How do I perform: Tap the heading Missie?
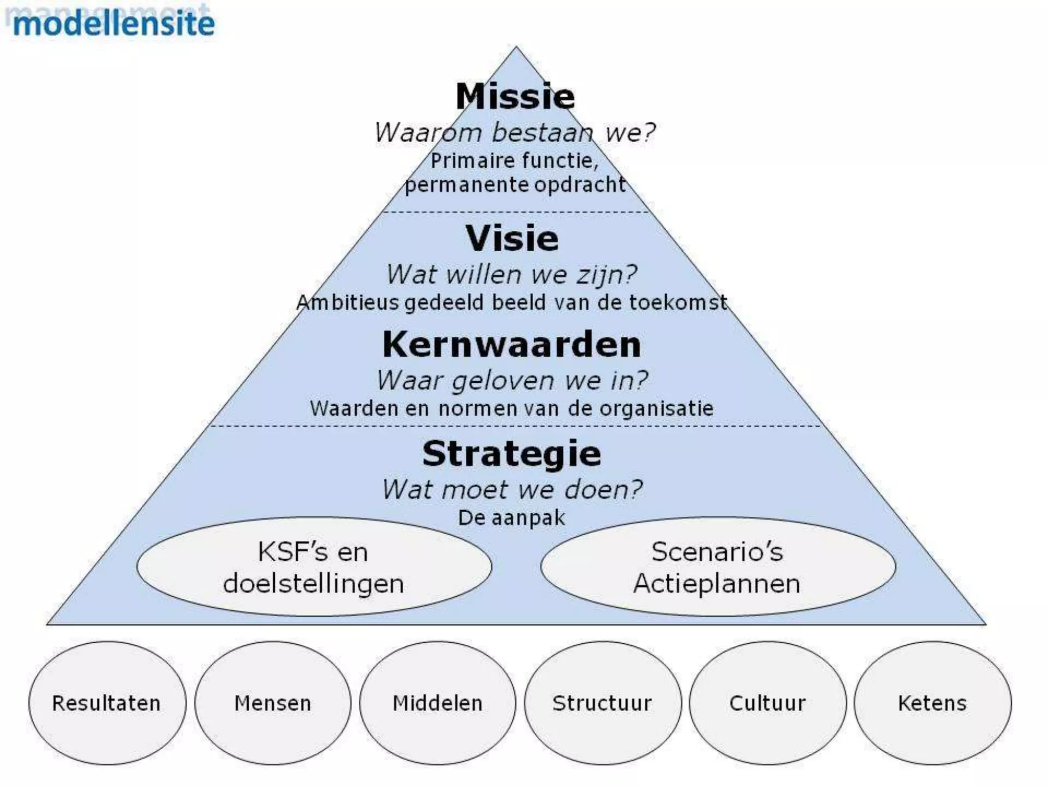click(515, 96)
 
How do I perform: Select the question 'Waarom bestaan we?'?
click(515, 133)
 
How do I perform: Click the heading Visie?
click(512, 238)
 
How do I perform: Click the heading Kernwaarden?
click(512, 344)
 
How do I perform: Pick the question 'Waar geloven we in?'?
click(512, 381)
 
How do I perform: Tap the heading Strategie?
click(512, 454)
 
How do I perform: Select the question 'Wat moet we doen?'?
click(512, 490)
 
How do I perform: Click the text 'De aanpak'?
click(512, 518)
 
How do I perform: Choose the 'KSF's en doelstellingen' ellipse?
click(314, 567)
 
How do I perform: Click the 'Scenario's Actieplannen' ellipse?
click(717, 567)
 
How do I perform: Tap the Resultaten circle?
click(107, 703)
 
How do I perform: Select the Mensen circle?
click(273, 703)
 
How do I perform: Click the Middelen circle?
click(438, 703)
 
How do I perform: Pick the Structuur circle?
click(602, 703)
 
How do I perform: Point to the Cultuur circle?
click(768, 703)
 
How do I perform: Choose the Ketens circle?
click(932, 703)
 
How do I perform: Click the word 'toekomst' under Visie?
click(678, 302)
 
